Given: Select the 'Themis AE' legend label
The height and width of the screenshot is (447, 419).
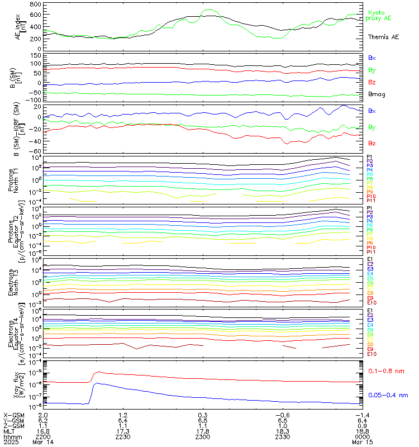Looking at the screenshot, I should pyautogui.click(x=383, y=37).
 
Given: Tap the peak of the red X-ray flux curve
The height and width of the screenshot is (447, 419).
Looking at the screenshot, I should pyautogui.click(x=98, y=372).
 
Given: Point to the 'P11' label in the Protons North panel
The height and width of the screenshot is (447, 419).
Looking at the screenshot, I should pyautogui.click(x=371, y=201).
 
